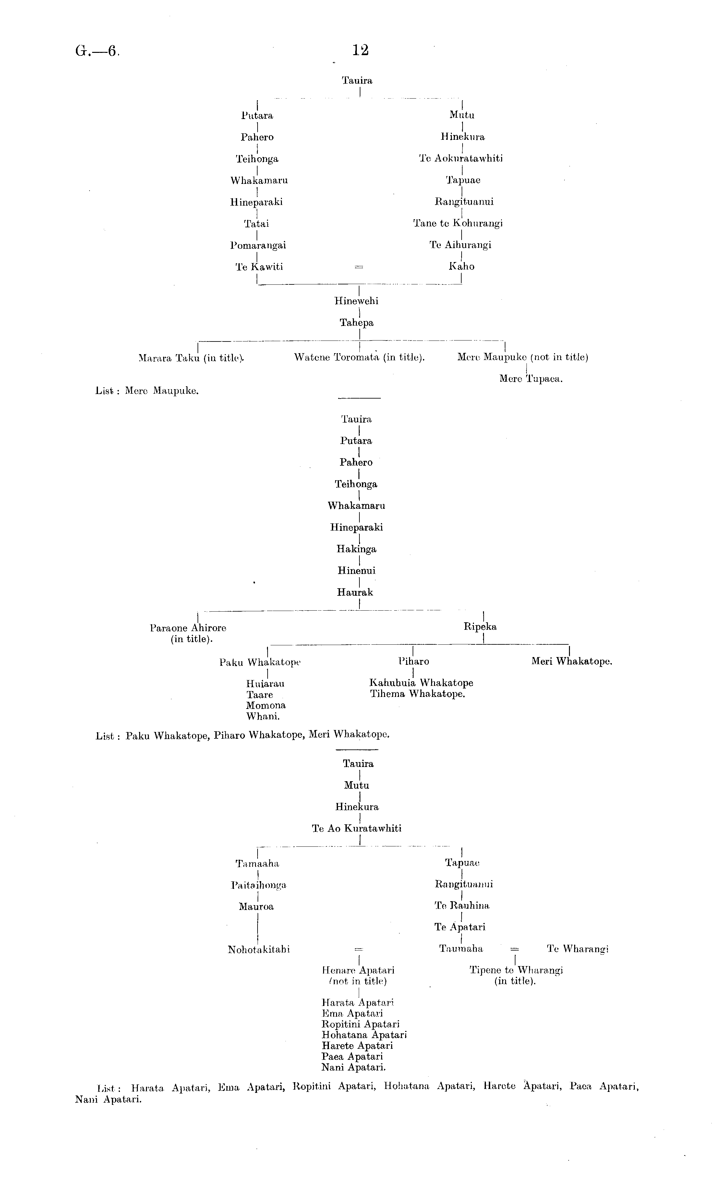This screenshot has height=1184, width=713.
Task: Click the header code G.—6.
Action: (x=97, y=51)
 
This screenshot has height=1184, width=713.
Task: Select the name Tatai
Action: (x=257, y=224)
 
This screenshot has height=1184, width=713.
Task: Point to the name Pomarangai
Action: (x=258, y=245)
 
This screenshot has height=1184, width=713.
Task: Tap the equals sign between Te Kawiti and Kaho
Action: (x=358, y=267)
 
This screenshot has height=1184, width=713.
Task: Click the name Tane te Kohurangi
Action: (x=458, y=223)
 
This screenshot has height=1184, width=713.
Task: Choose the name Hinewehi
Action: (x=356, y=301)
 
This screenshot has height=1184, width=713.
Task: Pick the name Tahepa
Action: (x=356, y=323)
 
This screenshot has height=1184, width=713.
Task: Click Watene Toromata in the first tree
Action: (x=338, y=357)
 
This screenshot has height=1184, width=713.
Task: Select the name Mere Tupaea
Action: (x=530, y=379)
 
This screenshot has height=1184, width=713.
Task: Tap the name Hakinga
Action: (x=356, y=549)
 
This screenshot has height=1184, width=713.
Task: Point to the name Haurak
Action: (x=355, y=592)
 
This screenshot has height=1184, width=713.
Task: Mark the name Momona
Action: (x=266, y=706)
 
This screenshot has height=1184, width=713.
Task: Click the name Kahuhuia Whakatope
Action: (x=421, y=683)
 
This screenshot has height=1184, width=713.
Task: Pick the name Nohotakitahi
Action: (x=259, y=950)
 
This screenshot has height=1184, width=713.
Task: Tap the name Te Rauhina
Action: (x=462, y=906)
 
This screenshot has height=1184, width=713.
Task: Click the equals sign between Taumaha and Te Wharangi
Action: (x=514, y=950)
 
